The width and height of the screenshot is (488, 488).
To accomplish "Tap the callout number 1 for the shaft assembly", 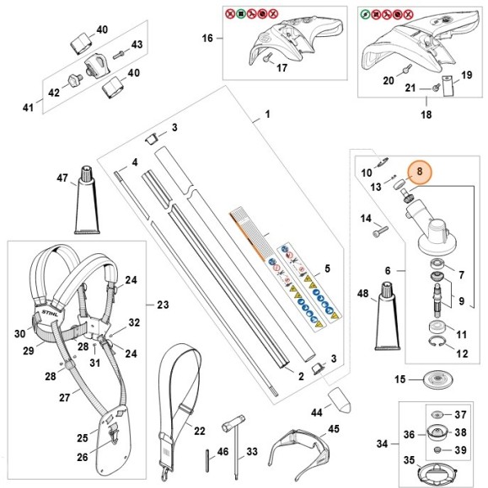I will pyautogui.click(x=267, y=113).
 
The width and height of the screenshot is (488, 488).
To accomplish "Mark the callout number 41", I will pyautogui.click(x=26, y=107).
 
